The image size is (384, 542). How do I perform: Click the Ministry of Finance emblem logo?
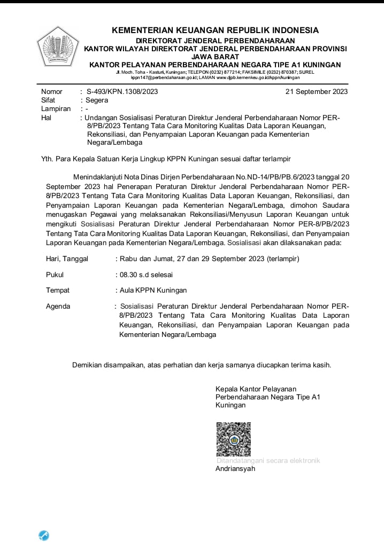[57, 45]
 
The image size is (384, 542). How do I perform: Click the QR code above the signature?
[233, 439]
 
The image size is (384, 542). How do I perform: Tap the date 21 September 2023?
[317, 91]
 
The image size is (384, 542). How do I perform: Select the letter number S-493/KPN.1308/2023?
[122, 91]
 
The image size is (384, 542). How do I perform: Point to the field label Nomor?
[52, 91]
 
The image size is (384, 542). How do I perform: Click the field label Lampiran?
[56, 108]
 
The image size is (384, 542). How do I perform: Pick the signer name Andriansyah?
[235, 469]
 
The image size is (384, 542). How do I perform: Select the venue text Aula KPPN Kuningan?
[153, 290]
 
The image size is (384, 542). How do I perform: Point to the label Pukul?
[55, 274]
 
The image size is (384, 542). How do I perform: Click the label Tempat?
[58, 290]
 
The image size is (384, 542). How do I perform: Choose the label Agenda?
[58, 307]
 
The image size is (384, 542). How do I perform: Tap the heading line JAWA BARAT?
[215, 56]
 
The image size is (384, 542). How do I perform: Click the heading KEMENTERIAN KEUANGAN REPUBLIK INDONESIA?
[215, 30]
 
